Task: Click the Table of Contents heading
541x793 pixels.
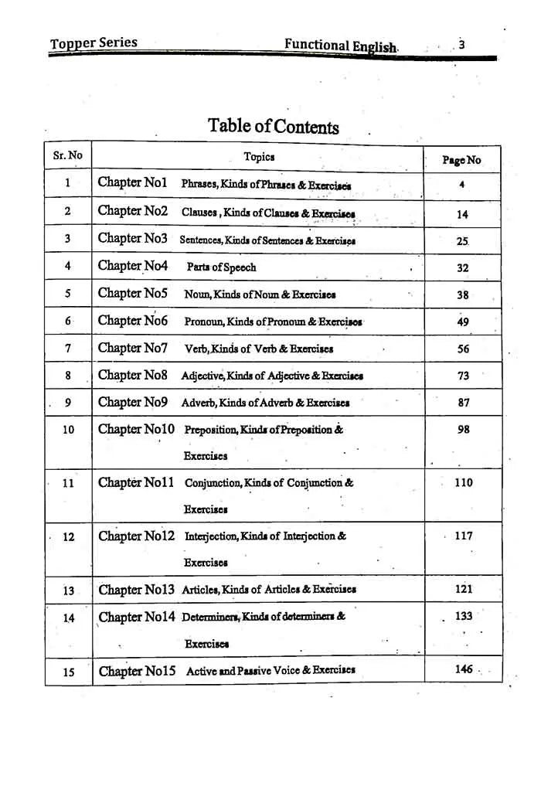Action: [x=273, y=126]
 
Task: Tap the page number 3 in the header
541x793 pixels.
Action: [x=461, y=44]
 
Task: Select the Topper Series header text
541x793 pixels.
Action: [x=94, y=43]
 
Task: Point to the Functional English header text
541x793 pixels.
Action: [x=341, y=45]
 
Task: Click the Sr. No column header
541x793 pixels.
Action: [x=67, y=155]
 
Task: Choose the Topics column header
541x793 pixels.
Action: [x=259, y=157]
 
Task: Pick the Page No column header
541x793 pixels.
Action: [x=461, y=160]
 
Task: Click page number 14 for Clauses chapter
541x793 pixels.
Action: [x=462, y=214]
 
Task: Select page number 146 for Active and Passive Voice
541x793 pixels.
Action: [x=464, y=669]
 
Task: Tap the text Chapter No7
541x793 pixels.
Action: [x=132, y=348]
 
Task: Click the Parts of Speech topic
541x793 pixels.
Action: [x=221, y=267]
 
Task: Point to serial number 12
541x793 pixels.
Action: [x=68, y=536]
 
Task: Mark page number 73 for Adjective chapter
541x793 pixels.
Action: [x=463, y=376]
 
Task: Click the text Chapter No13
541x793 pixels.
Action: [x=136, y=589]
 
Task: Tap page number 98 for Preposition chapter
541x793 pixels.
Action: [x=463, y=430]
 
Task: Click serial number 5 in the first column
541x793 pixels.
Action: [x=67, y=294]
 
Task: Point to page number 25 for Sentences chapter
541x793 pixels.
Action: [x=462, y=241]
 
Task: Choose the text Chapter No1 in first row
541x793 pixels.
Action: [x=132, y=183]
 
